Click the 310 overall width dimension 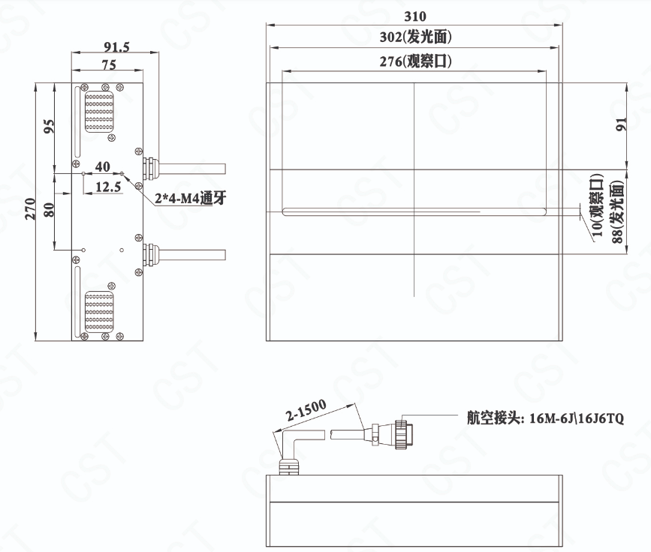click(x=414, y=16)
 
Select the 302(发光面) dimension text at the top click(x=415, y=37)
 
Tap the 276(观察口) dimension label click(x=415, y=61)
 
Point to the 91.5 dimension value click(x=116, y=46)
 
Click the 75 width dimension click(x=109, y=64)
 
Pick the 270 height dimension click(x=30, y=208)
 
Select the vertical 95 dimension click(x=49, y=126)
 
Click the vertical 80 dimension click(x=49, y=210)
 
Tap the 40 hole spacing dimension click(x=103, y=166)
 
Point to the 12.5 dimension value click(x=108, y=187)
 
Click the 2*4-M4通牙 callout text click(x=191, y=198)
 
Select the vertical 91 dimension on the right click(x=621, y=124)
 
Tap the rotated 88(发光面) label click(x=618, y=212)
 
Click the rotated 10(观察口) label click(x=597, y=205)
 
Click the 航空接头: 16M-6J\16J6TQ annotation click(x=545, y=418)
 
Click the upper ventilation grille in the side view click(x=99, y=112)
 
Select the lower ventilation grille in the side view click(x=99, y=311)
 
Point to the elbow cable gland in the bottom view click(x=292, y=451)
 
